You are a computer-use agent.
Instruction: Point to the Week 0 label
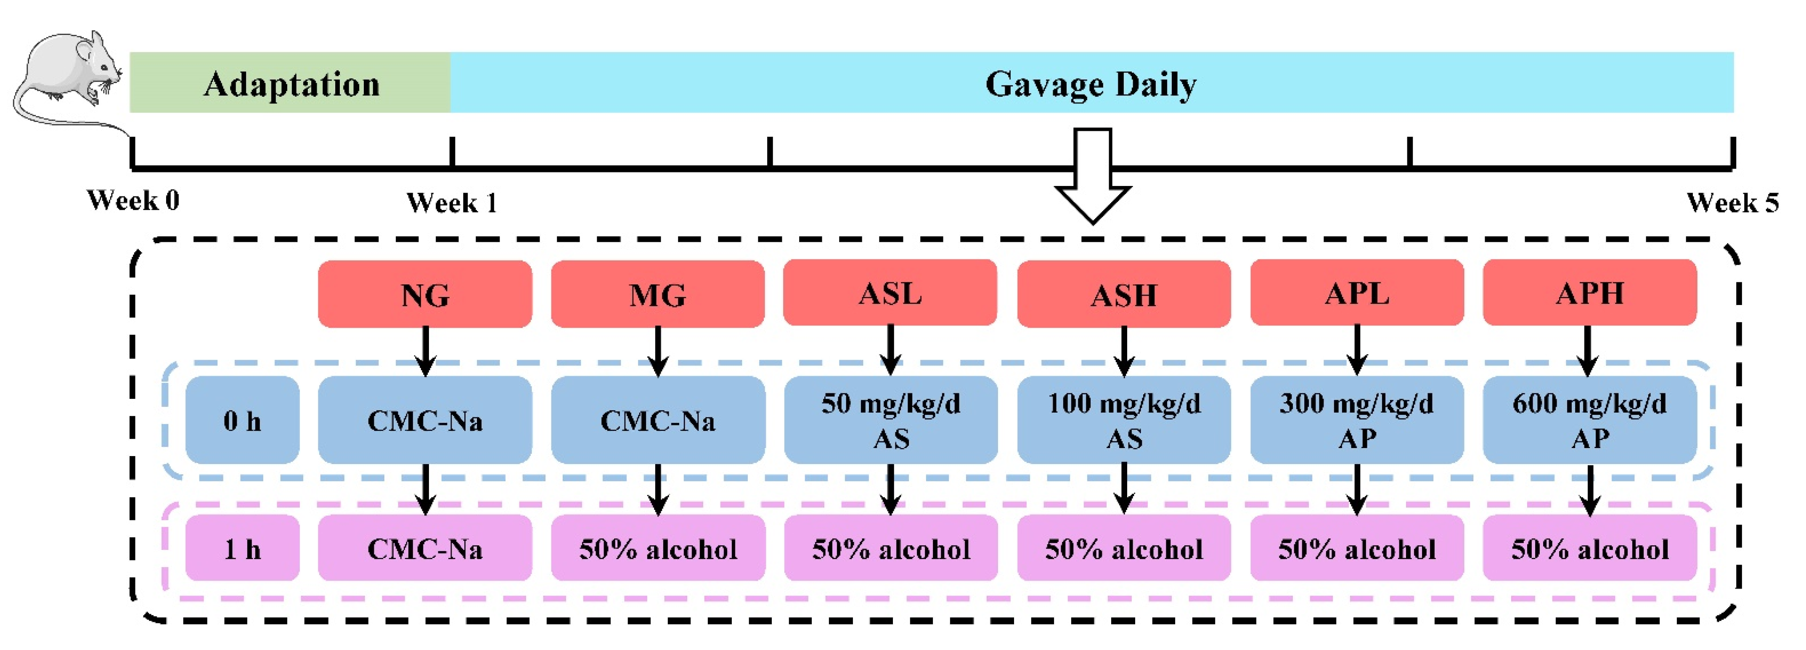pos(133,201)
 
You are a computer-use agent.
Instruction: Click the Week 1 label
pos(452,203)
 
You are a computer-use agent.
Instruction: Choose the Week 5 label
pos(1732,203)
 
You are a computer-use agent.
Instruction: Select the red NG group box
pos(425,294)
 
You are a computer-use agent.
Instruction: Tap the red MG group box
pos(658,294)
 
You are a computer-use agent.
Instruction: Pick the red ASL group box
pos(890,292)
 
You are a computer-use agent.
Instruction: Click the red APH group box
pos(1589,292)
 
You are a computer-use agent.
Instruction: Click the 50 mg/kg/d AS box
pos(890,420)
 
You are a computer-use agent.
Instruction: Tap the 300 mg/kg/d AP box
pos(1357,420)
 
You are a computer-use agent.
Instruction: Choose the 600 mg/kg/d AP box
pos(1589,420)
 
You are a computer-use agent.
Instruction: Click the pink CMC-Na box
pos(425,548)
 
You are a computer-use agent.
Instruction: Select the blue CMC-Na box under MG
pos(658,420)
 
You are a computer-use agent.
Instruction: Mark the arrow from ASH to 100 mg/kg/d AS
pos(1124,350)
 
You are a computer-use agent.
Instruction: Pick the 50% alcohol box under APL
pos(1357,548)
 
